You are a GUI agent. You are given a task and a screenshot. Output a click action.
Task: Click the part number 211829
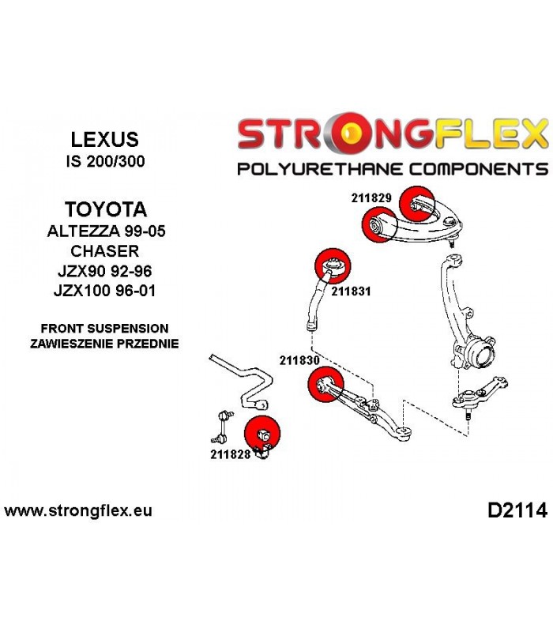point(371,198)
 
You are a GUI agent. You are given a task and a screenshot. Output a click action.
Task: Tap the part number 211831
point(351,291)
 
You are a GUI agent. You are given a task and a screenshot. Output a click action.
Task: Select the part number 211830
point(299,360)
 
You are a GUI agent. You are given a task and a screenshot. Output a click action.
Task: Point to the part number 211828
point(230,454)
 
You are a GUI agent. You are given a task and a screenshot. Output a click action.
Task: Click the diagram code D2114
point(517,510)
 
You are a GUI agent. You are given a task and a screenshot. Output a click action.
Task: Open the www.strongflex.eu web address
point(78,510)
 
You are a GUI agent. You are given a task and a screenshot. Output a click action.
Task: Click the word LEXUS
point(105,140)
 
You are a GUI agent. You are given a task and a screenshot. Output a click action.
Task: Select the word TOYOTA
point(106,209)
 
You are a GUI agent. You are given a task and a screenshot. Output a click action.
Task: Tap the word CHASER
point(105,251)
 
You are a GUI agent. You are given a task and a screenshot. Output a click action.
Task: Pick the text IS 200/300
point(105,161)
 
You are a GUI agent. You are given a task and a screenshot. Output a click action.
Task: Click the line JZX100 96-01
point(104,291)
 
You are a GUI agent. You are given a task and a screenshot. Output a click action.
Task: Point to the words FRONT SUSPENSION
point(105,329)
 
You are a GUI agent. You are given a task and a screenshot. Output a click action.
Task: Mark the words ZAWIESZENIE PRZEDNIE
point(104,344)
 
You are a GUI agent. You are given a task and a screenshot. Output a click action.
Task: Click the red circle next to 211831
point(333,266)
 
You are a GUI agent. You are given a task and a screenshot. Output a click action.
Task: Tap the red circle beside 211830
point(325,384)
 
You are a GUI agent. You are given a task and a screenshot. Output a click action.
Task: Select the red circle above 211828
point(262,433)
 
